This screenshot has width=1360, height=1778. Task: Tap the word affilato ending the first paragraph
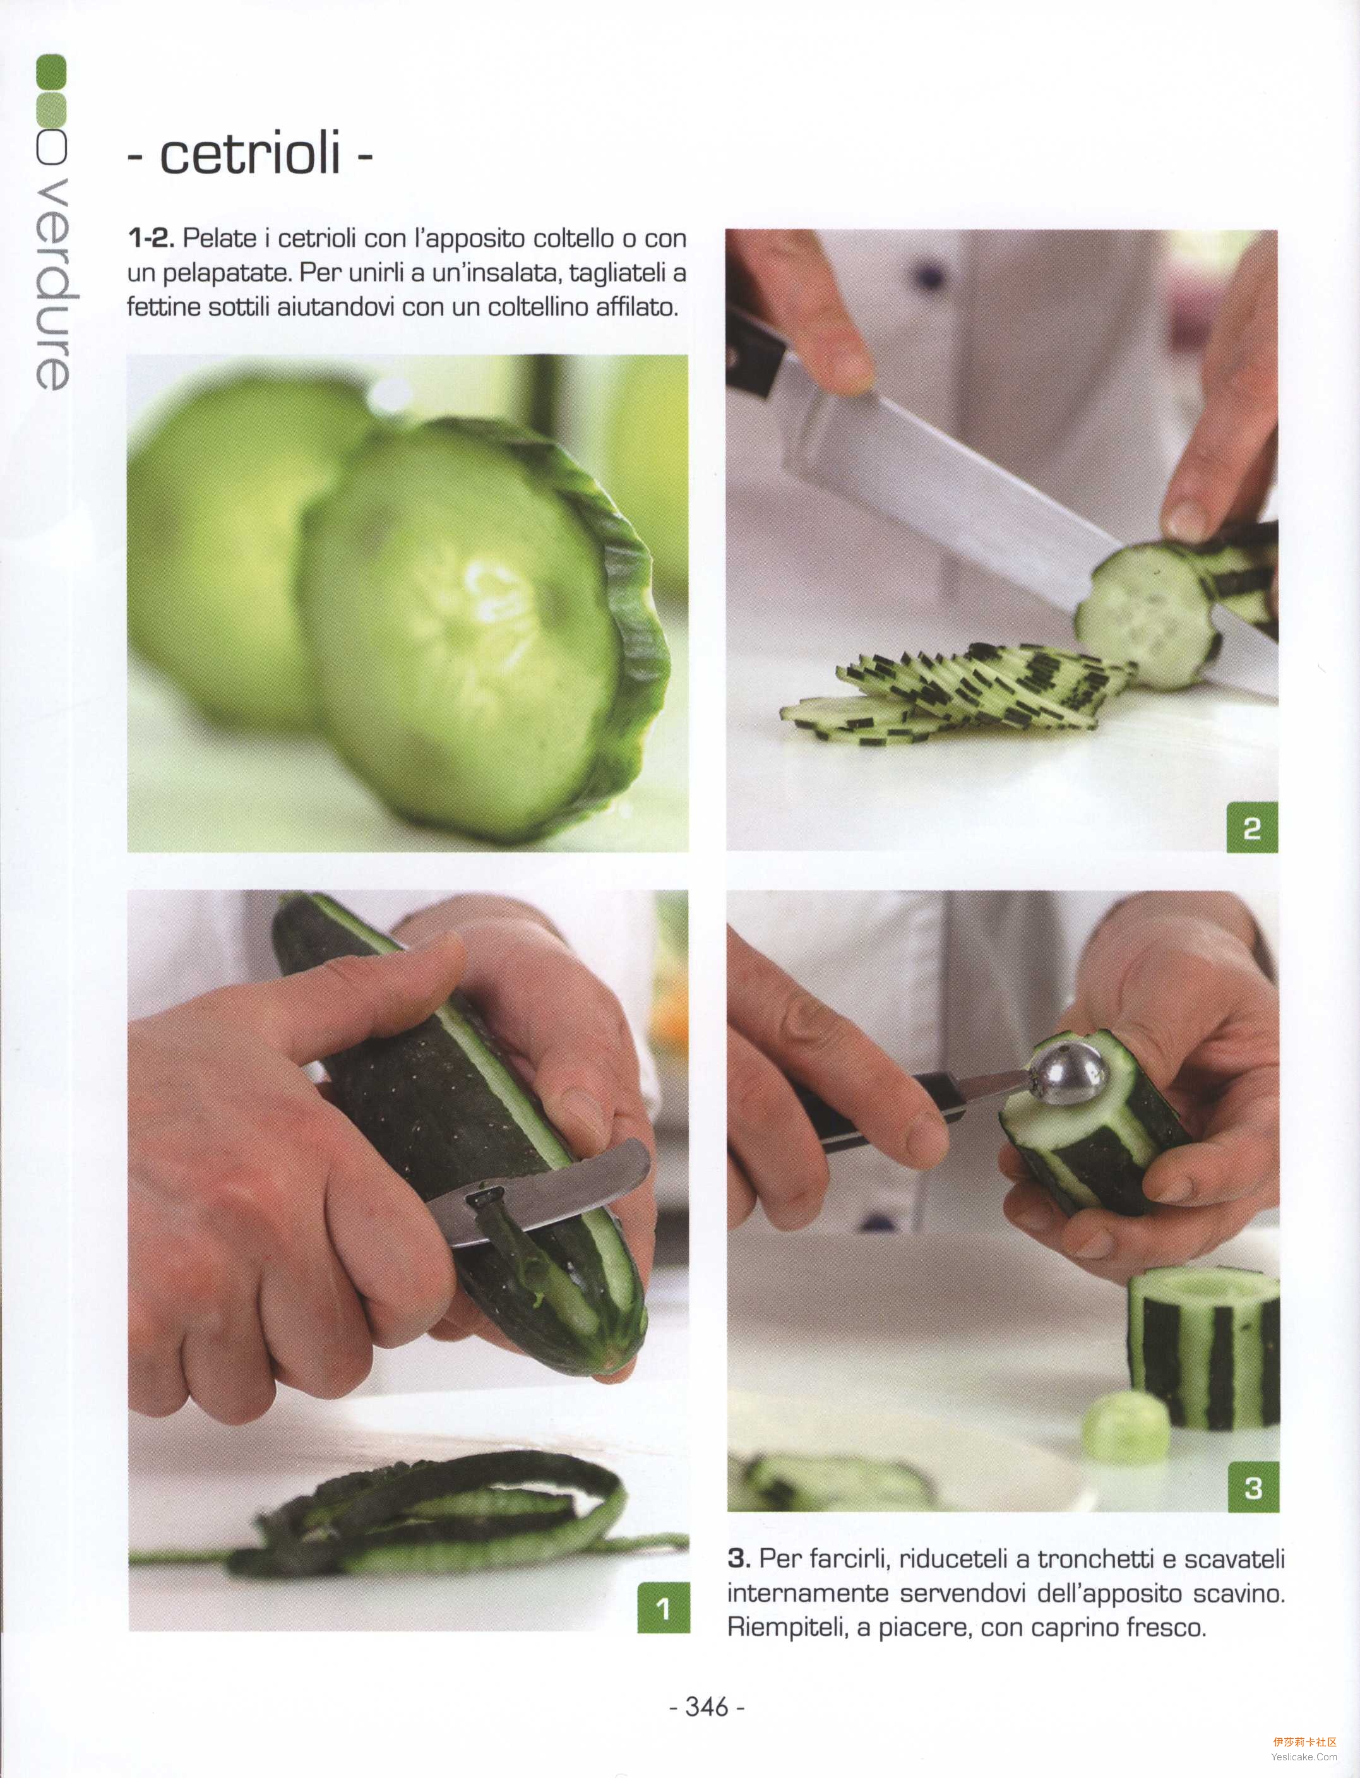pos(636,307)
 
